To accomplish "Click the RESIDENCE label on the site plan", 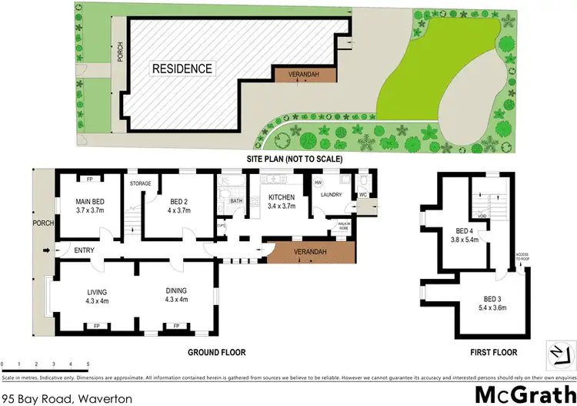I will click(x=182, y=69).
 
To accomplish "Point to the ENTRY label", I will click(x=83, y=250).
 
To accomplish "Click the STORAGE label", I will click(x=140, y=183).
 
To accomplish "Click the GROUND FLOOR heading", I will click(x=216, y=352).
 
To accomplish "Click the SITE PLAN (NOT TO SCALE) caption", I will click(x=293, y=159).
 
